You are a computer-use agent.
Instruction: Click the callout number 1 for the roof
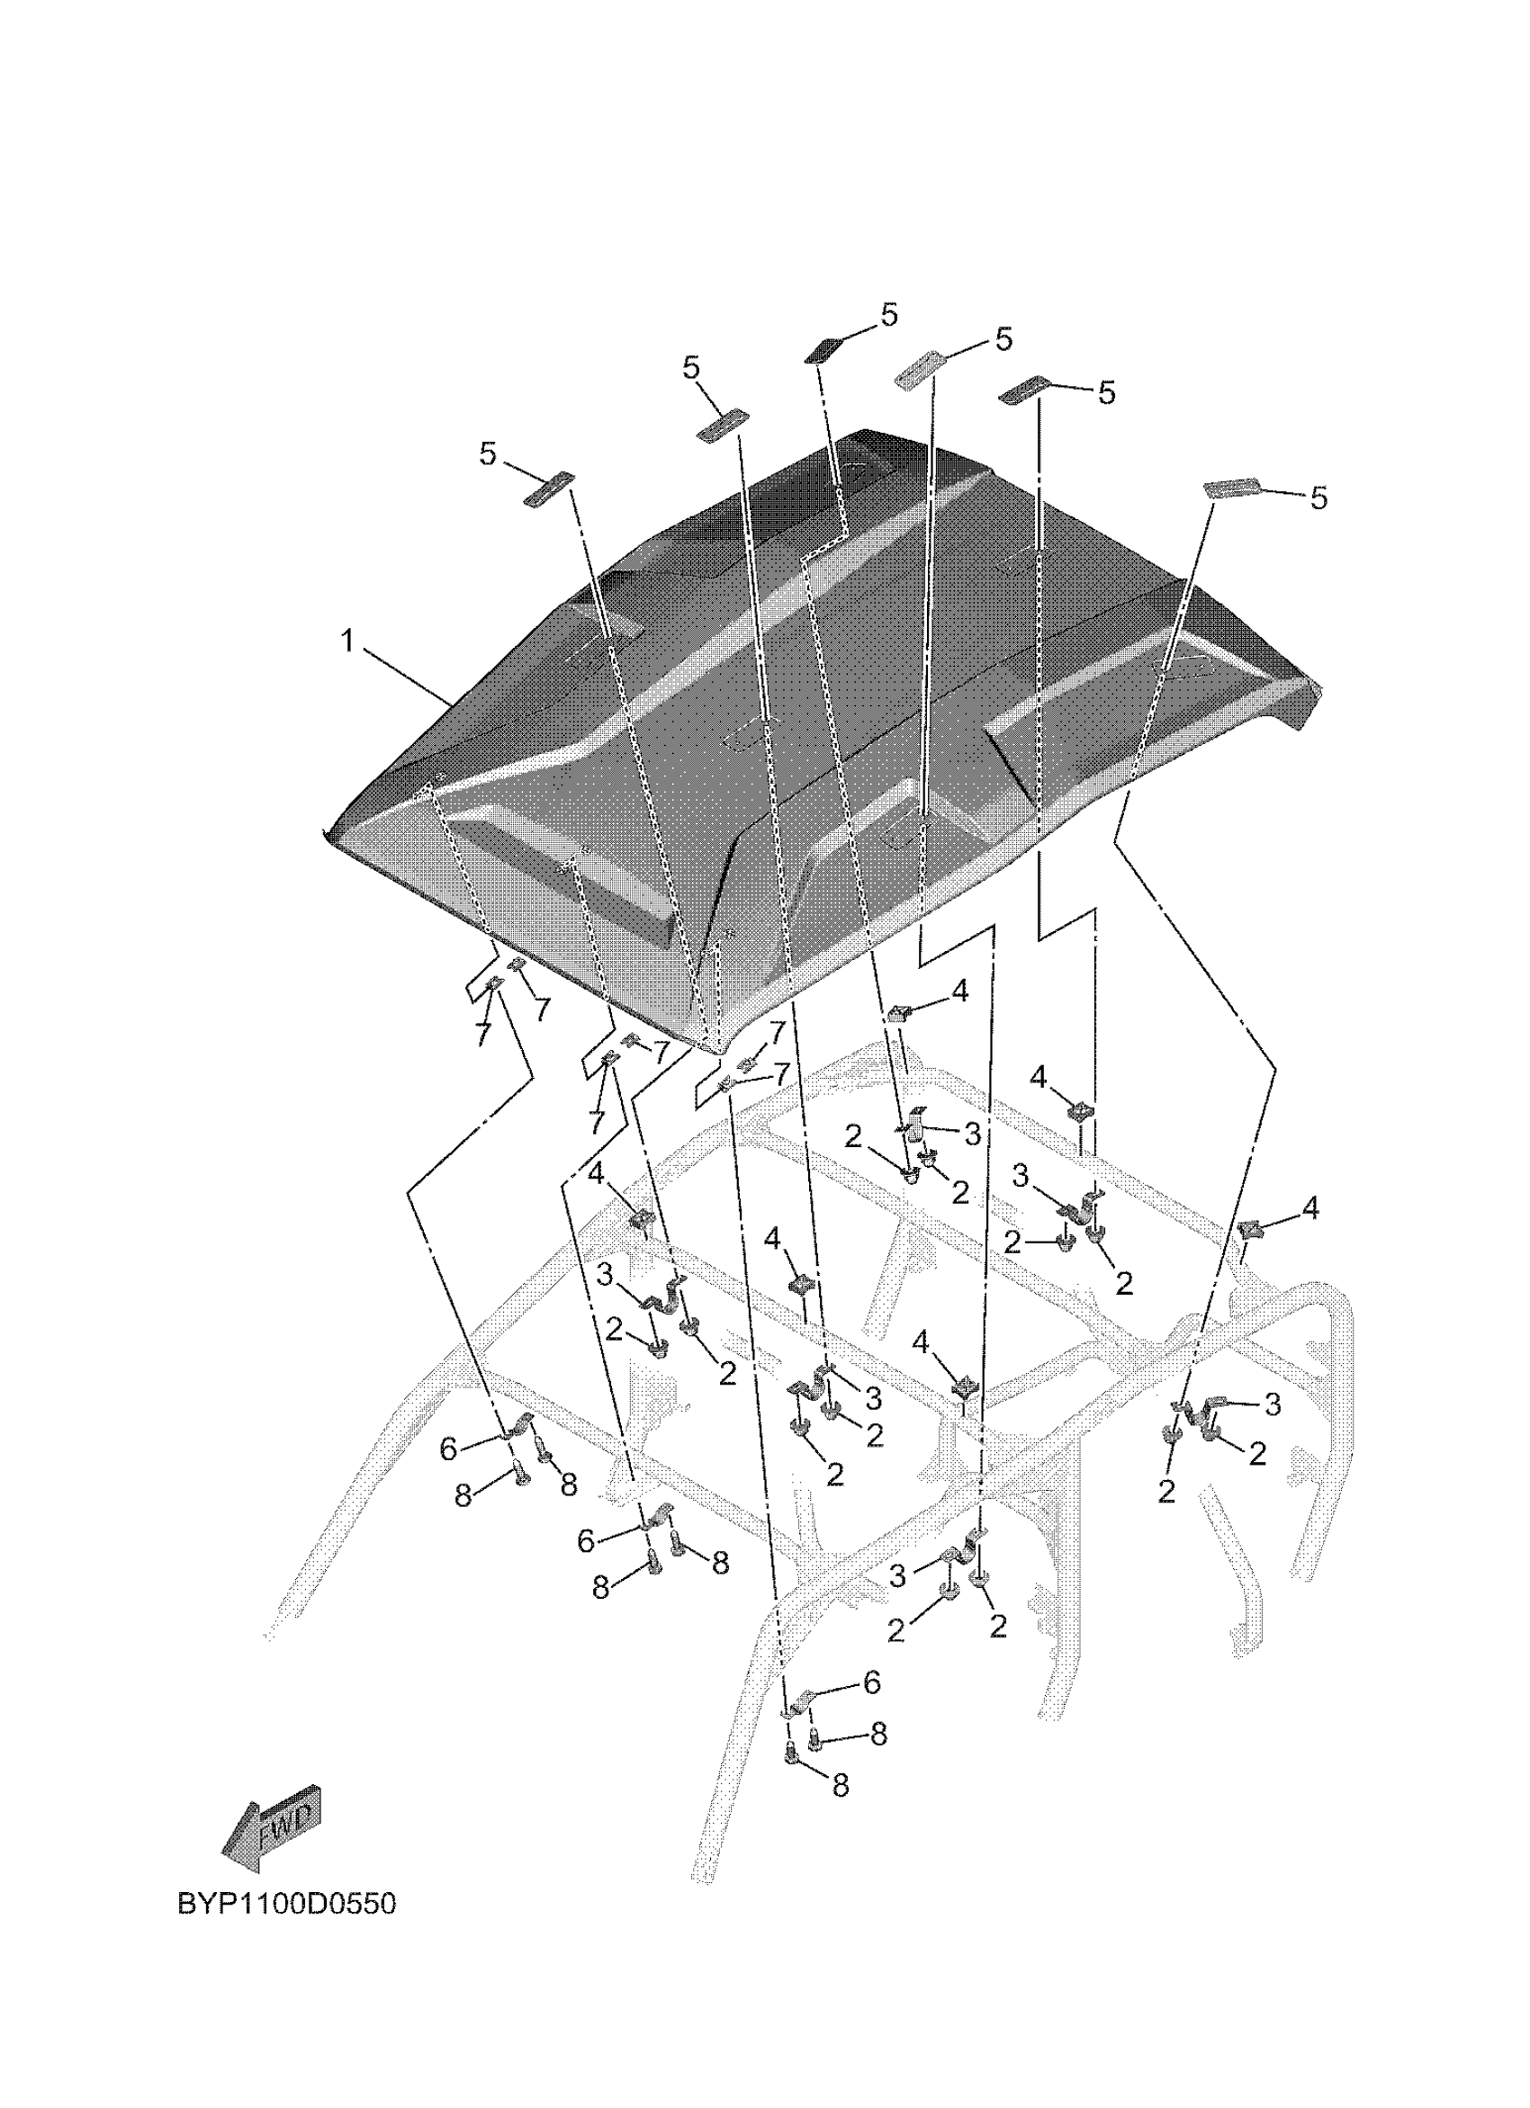tap(347, 641)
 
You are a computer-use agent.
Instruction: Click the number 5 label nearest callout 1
tap(488, 453)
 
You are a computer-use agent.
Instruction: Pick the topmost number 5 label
tap(889, 315)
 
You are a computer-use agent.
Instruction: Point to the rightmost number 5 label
tap(1318, 498)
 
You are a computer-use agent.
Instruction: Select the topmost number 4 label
tap(960, 991)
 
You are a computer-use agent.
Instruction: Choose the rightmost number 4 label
tap(1310, 1209)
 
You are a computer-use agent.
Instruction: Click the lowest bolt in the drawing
tap(792, 1754)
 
